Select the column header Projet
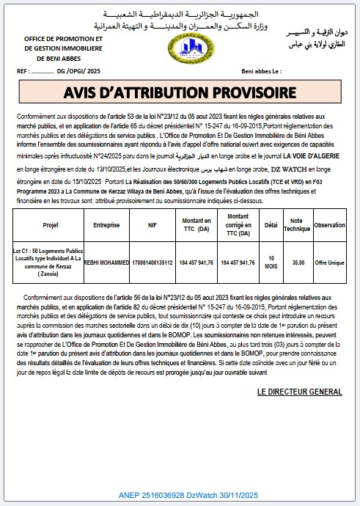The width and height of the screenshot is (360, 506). pyautogui.click(x=51, y=225)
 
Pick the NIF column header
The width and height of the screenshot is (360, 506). pyautogui.click(x=152, y=225)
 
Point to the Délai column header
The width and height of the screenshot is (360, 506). pyautogui.click(x=273, y=225)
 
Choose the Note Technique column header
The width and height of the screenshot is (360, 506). pyautogui.click(x=297, y=225)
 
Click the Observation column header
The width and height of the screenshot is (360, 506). pyautogui.click(x=329, y=225)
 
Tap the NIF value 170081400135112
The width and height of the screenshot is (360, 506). pyautogui.click(x=152, y=262)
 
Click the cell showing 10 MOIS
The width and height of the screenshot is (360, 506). pyautogui.click(x=273, y=262)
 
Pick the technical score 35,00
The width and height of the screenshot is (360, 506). pyautogui.click(x=297, y=262)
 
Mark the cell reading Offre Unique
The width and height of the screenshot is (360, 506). pyautogui.click(x=329, y=262)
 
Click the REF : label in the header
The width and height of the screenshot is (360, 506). pyautogui.click(x=23, y=73)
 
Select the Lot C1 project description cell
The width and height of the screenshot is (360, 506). pyautogui.click(x=51, y=262)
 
